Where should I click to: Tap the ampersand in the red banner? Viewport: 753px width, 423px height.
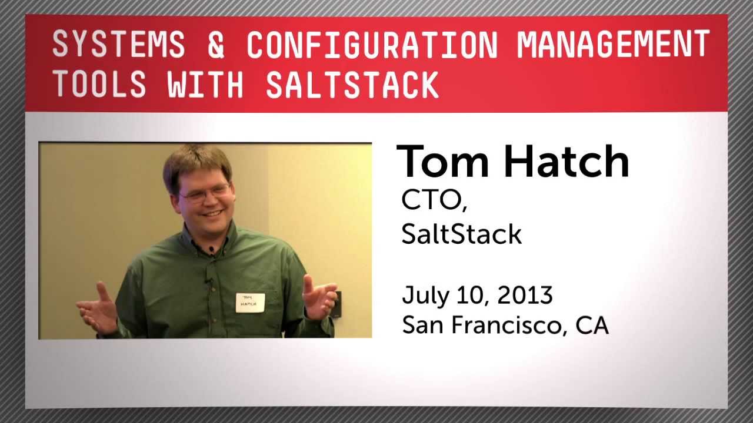[216, 45]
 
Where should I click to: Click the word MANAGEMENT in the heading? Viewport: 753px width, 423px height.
[614, 45]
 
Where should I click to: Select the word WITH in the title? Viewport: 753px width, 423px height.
[205, 85]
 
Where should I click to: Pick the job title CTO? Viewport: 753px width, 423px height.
[434, 201]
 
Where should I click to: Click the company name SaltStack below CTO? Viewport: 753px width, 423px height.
[461, 234]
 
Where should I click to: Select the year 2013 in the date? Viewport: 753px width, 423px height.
[525, 295]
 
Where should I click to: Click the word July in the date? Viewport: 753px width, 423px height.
[421, 296]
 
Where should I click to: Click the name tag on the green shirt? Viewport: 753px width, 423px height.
[250, 302]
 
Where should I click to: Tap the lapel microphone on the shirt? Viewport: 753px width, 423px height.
[211, 251]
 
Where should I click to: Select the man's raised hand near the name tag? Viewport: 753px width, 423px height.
[319, 296]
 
